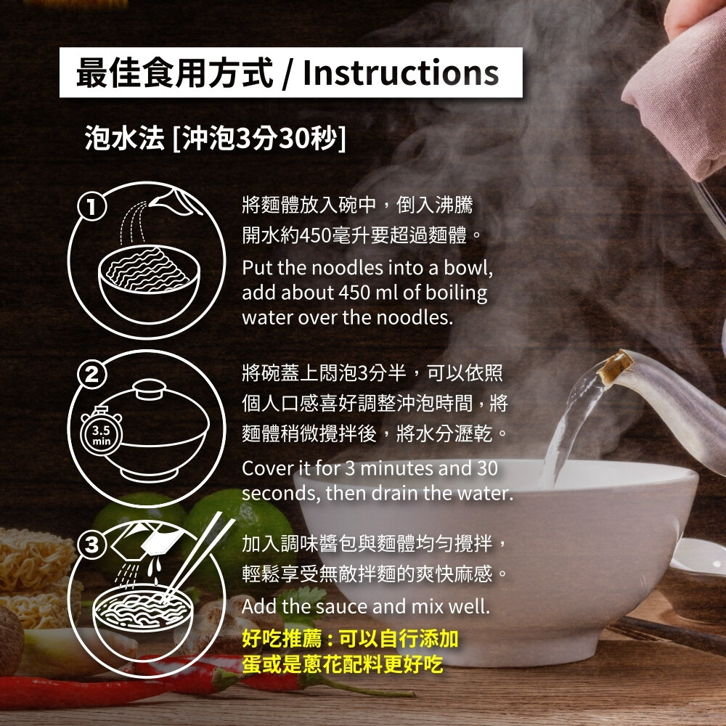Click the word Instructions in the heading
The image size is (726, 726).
[x=401, y=73]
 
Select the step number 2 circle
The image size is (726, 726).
[x=91, y=376]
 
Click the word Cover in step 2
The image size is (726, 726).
[x=265, y=468]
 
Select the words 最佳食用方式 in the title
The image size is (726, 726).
[x=174, y=73]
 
